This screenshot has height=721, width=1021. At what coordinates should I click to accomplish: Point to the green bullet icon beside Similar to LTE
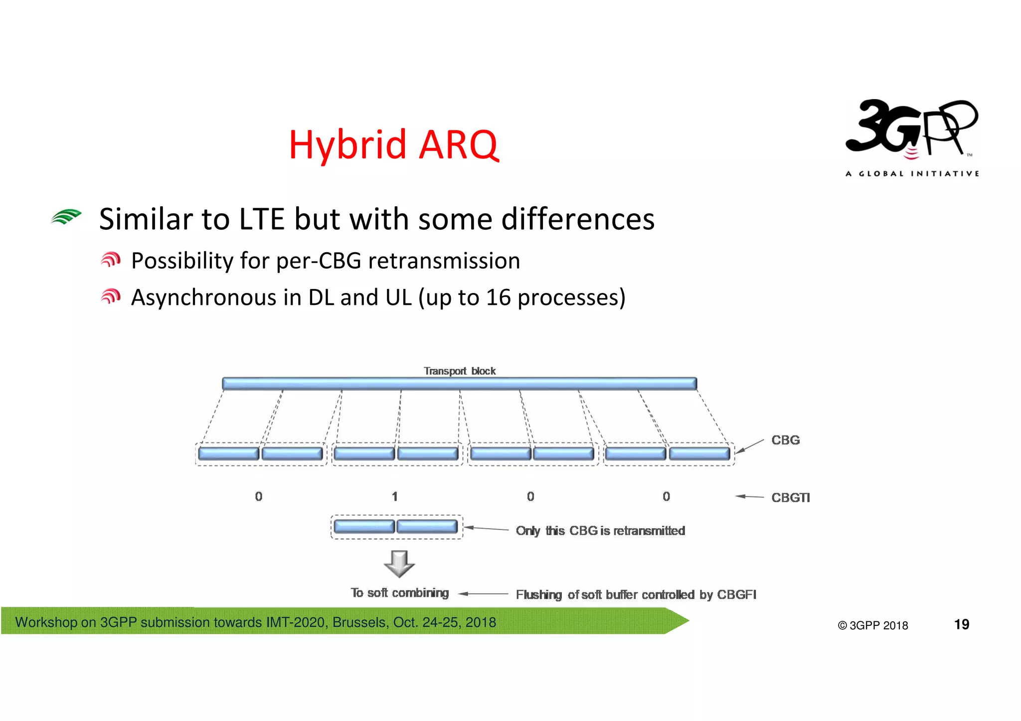pyautogui.click(x=66, y=217)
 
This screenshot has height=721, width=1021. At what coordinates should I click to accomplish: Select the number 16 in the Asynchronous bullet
pyautogui.click(x=499, y=297)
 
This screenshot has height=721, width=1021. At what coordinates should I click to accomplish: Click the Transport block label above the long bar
pyautogui.click(x=459, y=371)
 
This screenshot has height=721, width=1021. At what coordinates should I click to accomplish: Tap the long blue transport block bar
pyautogui.click(x=459, y=383)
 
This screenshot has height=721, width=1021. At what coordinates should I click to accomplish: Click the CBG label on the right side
pyautogui.click(x=785, y=440)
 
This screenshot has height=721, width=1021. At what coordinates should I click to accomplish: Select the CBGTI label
pyautogui.click(x=790, y=497)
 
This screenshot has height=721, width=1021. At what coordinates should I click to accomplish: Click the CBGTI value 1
pyautogui.click(x=394, y=496)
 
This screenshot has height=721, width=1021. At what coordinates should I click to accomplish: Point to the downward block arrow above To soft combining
pyautogui.click(x=399, y=564)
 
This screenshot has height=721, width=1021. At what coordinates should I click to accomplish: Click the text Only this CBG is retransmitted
pyautogui.click(x=600, y=531)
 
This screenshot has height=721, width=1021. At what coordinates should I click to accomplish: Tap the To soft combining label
pyautogui.click(x=399, y=593)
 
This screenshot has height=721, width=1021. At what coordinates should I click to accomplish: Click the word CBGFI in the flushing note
pyautogui.click(x=736, y=594)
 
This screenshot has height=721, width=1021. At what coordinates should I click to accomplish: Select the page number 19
pyautogui.click(x=961, y=624)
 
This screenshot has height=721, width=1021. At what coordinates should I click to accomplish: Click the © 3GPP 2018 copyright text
pyautogui.click(x=872, y=625)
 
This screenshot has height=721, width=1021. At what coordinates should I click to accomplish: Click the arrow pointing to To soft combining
pyautogui.click(x=483, y=593)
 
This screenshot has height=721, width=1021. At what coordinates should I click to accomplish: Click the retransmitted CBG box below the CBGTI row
pyautogui.click(x=396, y=527)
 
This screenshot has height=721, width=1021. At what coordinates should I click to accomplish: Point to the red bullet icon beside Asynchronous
pyautogui.click(x=111, y=297)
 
